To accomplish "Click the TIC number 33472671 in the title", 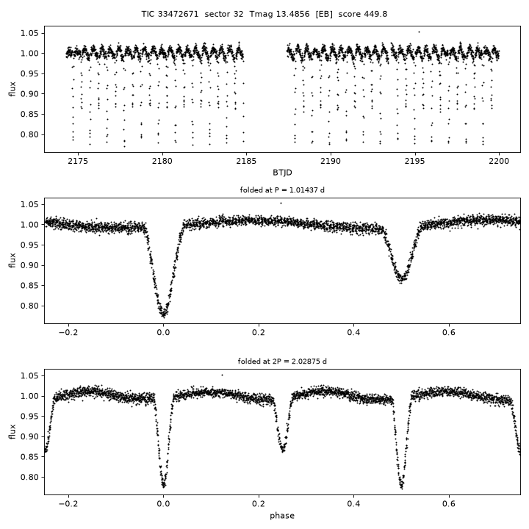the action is [178, 14].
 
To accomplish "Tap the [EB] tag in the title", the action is [324, 14].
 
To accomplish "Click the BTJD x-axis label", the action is [282, 173].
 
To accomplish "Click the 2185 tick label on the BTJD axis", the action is [246, 161].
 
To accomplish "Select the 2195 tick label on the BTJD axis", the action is [415, 161].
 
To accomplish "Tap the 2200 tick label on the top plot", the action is [499, 161].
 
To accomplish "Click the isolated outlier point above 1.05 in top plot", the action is [419, 32].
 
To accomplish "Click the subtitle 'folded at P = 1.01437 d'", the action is [282, 190].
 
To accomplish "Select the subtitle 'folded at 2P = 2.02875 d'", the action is [282, 361].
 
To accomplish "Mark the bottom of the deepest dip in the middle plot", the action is [164, 317].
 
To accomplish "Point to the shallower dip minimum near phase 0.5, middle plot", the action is [401, 282].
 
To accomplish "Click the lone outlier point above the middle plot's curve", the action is [281, 203].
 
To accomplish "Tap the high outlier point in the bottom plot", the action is [222, 375].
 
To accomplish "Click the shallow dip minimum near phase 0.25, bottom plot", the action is [283, 451].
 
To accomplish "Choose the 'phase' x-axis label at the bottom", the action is [282, 516].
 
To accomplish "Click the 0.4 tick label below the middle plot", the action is [353, 333].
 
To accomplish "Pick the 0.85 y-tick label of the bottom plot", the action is [29, 457].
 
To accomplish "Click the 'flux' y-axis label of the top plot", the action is [12, 89].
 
